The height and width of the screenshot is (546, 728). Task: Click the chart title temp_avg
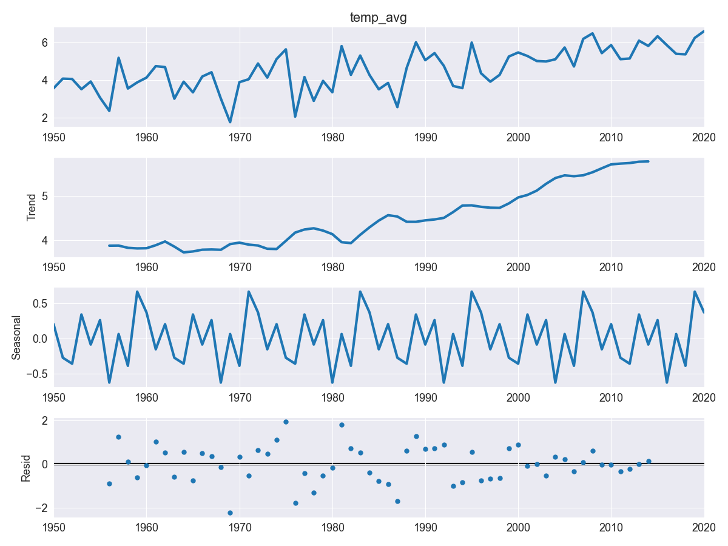(x=379, y=18)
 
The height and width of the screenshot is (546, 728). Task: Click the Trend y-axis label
(x=32, y=207)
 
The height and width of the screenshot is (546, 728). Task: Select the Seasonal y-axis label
(x=17, y=337)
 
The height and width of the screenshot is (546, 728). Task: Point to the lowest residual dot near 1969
(x=230, y=513)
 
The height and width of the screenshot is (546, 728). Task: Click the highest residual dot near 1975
(x=286, y=422)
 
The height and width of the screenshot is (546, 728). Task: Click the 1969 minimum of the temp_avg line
(x=230, y=122)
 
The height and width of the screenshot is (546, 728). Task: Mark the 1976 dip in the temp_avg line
(x=295, y=116)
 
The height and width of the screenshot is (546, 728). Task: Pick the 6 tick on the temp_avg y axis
(x=44, y=42)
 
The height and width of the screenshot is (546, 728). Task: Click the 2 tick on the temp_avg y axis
(x=44, y=118)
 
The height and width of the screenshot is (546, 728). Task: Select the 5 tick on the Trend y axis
(x=44, y=196)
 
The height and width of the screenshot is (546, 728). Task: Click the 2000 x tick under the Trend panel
(x=518, y=267)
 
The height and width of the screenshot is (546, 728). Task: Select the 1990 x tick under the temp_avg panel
(x=425, y=137)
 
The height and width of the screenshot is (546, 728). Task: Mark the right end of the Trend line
(x=648, y=161)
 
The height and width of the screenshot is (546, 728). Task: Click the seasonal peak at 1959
(x=137, y=292)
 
